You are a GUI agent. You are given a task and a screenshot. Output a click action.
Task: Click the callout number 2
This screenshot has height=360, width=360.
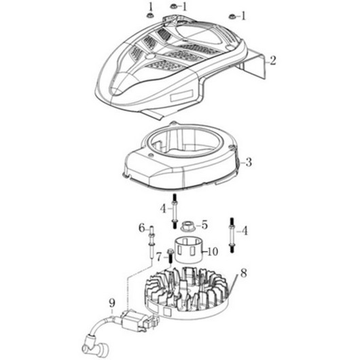[272, 60]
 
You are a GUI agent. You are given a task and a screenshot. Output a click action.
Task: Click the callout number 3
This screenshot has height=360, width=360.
[249, 162]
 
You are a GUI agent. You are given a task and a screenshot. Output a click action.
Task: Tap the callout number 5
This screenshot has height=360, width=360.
[204, 225]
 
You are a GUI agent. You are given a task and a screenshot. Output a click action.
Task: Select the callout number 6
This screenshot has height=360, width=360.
[142, 228]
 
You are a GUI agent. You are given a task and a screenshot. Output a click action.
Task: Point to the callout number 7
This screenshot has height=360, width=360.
[160, 257]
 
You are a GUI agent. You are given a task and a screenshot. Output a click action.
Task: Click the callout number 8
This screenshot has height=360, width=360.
[244, 273]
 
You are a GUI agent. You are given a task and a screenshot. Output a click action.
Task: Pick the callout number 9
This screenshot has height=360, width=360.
[112, 304]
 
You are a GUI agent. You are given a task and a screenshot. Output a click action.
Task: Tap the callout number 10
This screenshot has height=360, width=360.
[213, 251]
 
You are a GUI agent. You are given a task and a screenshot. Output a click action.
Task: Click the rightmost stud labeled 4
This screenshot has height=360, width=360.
[232, 235]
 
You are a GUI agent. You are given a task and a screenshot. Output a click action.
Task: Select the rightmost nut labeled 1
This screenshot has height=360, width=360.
[231, 16]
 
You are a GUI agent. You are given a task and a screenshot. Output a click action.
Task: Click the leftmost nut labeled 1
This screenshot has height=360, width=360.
[149, 16]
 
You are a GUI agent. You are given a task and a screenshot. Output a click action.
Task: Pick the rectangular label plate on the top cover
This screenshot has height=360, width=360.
[181, 95]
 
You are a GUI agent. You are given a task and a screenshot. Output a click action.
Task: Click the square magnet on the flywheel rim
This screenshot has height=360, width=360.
[167, 312]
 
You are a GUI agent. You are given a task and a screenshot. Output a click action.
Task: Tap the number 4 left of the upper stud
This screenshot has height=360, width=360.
[163, 209]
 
